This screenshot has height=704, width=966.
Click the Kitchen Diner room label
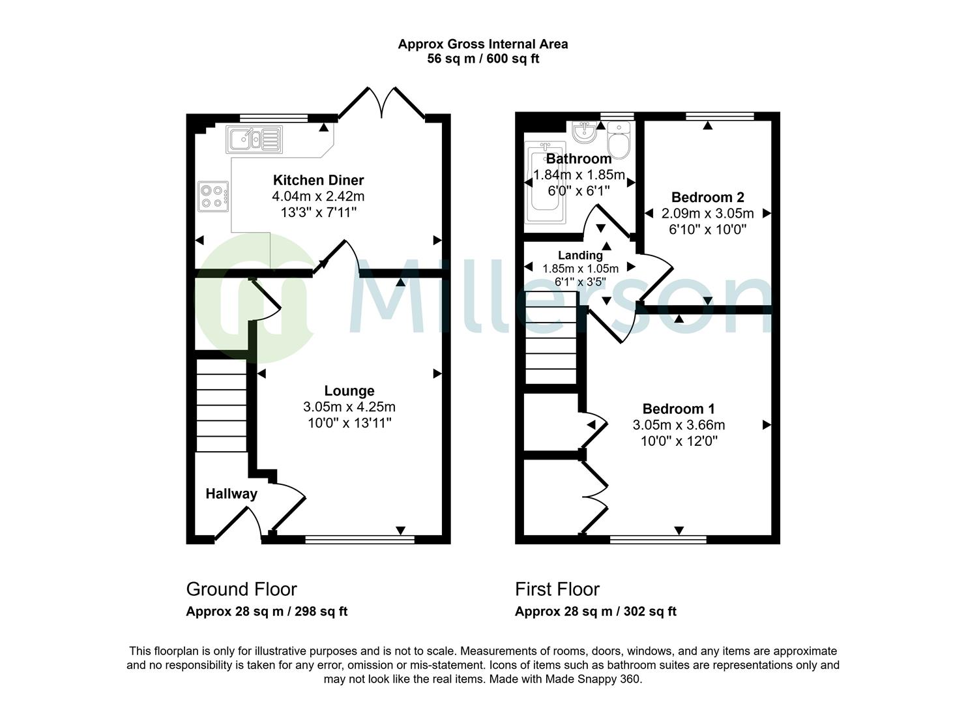318,180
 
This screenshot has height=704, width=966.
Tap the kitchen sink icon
254,139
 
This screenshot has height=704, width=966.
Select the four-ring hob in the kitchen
213,196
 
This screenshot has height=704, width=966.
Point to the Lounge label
349,391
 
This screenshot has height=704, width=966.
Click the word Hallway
231,493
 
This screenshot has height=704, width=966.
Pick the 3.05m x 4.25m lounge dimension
349,407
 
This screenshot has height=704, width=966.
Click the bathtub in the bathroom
545,182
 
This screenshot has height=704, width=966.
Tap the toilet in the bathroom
619,139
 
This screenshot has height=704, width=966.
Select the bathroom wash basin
585,131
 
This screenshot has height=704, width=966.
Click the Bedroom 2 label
708,197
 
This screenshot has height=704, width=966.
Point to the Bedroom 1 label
679,409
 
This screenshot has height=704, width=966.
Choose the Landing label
580,256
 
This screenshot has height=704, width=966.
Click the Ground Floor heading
241,589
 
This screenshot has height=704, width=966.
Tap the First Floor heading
557,589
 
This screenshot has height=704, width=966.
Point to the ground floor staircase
222,405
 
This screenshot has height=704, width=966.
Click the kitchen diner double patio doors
382,103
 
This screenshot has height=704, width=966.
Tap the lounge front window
360,539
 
